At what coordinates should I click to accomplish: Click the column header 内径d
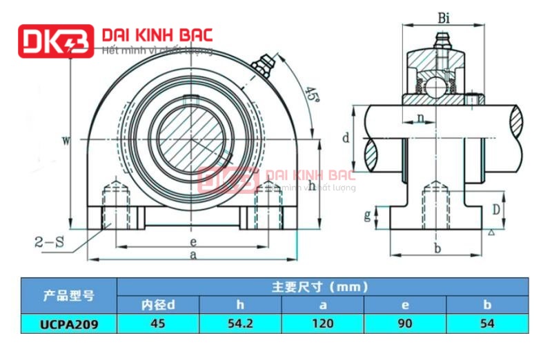tap(158, 304)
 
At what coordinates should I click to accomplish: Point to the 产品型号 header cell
tap(68, 295)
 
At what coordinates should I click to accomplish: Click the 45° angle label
tap(313, 96)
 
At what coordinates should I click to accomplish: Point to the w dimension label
tap(66, 141)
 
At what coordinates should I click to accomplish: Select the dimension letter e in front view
tap(194, 241)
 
